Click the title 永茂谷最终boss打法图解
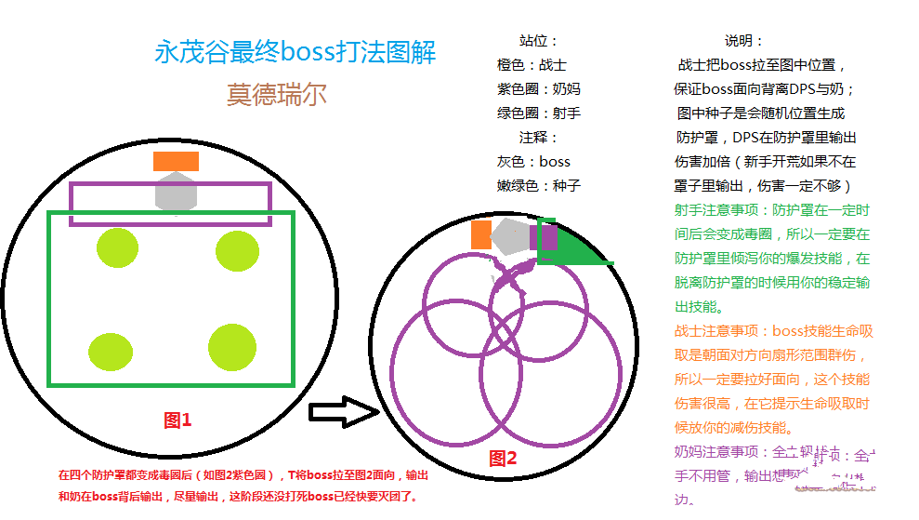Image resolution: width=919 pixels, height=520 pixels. pos(295,52)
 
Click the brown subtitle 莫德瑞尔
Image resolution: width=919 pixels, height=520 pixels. pos(276,94)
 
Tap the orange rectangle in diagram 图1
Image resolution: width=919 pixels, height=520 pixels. pos(176,161)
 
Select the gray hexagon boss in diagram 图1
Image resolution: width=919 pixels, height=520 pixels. pos(175,193)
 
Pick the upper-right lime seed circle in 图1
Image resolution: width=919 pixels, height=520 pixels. pos(237,250)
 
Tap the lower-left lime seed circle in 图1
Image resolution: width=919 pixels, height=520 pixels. pos(111,351)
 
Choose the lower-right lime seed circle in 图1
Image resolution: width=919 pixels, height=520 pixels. pos(232,347)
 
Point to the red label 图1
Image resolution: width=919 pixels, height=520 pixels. pos(177,420)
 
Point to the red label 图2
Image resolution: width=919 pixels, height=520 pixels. pos(503,458)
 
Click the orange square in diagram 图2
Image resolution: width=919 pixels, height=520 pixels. pos(480,234)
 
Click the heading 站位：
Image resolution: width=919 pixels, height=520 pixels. pos(538,41)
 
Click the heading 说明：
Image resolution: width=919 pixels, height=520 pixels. pos(743,41)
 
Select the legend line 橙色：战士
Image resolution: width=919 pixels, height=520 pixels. pos(532,65)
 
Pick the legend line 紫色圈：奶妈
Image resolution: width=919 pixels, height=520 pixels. pos(539,89)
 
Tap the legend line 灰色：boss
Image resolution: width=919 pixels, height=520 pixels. pos(533,161)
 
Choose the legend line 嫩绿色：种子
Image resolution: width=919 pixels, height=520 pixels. pos(539,185)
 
